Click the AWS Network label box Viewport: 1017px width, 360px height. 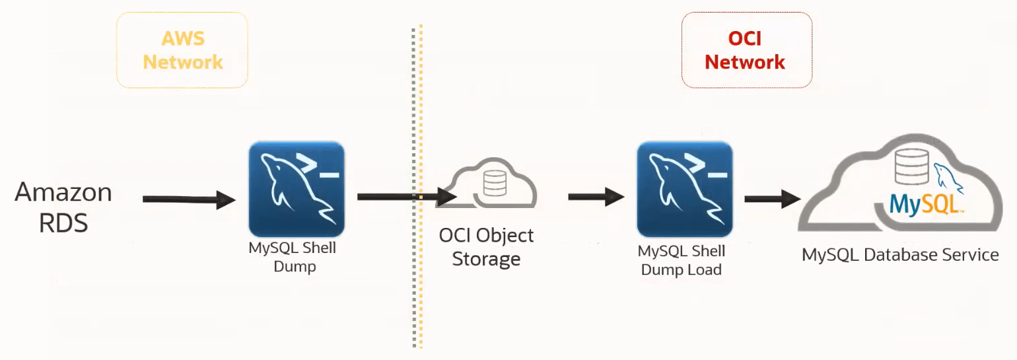(x=182, y=51)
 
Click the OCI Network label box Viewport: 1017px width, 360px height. (x=746, y=51)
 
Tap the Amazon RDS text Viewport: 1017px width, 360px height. (x=63, y=207)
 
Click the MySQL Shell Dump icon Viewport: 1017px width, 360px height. (x=296, y=189)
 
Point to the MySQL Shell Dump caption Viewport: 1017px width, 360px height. (x=292, y=258)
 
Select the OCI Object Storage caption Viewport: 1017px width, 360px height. (x=486, y=247)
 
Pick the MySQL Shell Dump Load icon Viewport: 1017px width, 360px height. (x=684, y=189)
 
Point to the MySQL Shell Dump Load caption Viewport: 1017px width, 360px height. (x=681, y=261)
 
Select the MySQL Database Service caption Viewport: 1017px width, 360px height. (x=900, y=255)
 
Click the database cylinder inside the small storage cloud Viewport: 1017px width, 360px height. (x=495, y=183)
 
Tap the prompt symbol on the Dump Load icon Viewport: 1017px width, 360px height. (x=707, y=169)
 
